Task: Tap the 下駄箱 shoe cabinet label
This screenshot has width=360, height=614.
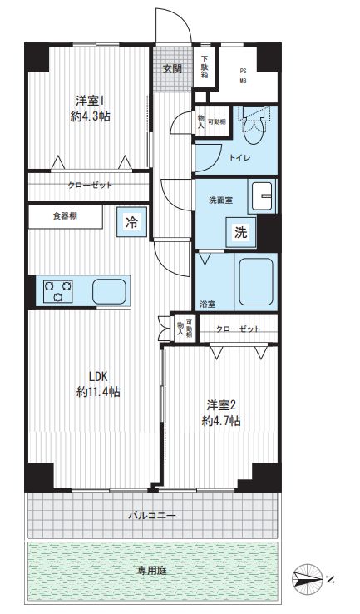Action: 205,66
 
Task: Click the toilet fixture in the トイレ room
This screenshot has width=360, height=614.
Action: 250,126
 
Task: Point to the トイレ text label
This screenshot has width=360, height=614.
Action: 235,156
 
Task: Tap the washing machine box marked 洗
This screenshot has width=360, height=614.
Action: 240,234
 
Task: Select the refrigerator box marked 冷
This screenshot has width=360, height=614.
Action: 131,221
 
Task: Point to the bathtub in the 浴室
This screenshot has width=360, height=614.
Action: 256,283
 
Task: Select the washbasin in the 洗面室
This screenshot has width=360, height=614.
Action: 263,196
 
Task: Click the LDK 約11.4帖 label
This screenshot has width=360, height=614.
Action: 99,383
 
